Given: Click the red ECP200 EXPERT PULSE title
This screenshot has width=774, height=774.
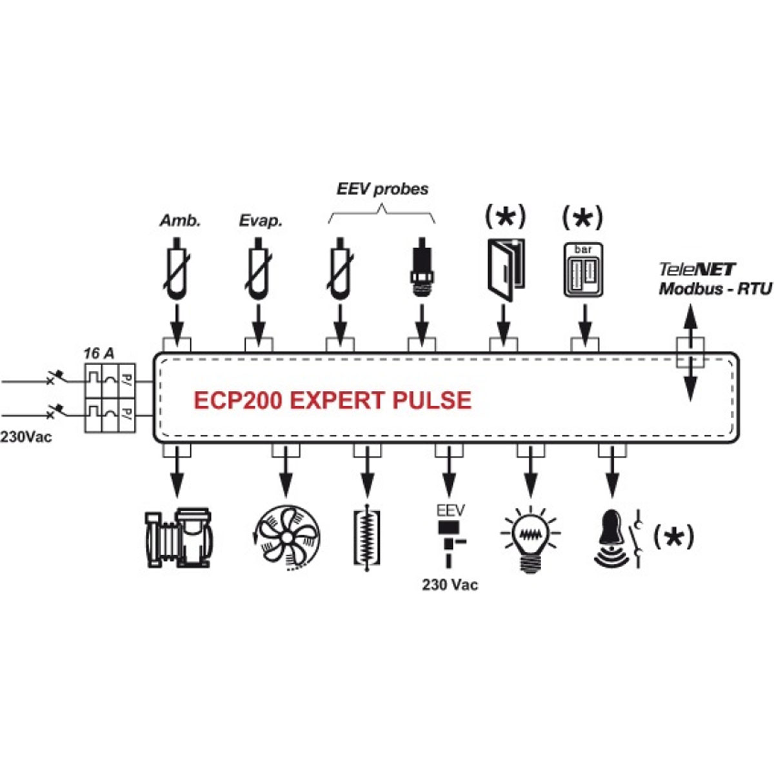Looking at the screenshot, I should pyautogui.click(x=332, y=401).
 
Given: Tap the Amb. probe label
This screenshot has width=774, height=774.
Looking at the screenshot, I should pyautogui.click(x=180, y=221).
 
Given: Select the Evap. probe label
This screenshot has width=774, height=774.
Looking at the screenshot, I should pyautogui.click(x=261, y=221).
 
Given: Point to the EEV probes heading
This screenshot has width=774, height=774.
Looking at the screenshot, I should pyautogui.click(x=382, y=189).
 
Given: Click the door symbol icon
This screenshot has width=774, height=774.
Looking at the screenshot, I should pyautogui.click(x=505, y=270).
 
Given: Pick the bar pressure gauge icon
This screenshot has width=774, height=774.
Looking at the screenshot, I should pyautogui.click(x=583, y=270).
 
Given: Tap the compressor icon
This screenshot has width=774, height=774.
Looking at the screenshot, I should pyautogui.click(x=180, y=538).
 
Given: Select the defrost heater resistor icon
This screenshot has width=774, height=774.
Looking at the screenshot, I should pyautogui.click(x=367, y=538).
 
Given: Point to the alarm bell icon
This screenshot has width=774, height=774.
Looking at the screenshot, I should pyautogui.click(x=611, y=538).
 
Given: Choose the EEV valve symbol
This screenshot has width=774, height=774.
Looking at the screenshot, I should pyautogui.click(x=449, y=535).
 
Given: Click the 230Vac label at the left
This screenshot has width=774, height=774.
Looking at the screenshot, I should pyautogui.click(x=26, y=437).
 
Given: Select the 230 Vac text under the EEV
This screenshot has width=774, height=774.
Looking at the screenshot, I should pyautogui.click(x=450, y=585).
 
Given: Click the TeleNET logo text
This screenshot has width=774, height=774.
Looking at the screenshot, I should pyautogui.click(x=697, y=269).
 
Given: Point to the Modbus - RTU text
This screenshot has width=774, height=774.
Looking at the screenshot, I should pyautogui.click(x=715, y=288).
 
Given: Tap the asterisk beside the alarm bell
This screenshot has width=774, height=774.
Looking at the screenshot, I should pyautogui.click(x=674, y=537).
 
